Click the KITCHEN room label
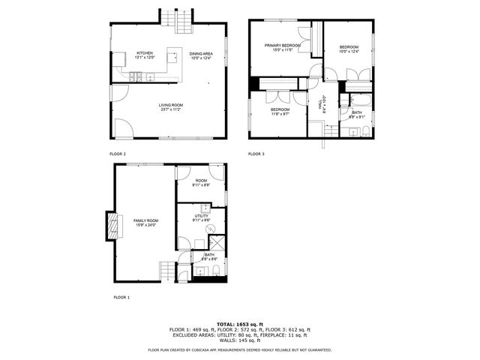coord(145,53)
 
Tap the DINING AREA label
coord(200,53)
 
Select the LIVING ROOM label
coord(170,105)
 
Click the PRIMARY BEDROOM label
coord(282,46)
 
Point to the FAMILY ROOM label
coord(145,220)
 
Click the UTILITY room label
coord(200,215)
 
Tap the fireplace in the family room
coord(113,225)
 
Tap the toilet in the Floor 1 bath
coord(211,271)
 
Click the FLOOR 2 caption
coord(118,154)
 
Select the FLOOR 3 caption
coord(256,154)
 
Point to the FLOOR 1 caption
coord(121,297)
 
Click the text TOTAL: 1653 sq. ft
coord(240,323)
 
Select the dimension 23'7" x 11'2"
coord(170,110)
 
